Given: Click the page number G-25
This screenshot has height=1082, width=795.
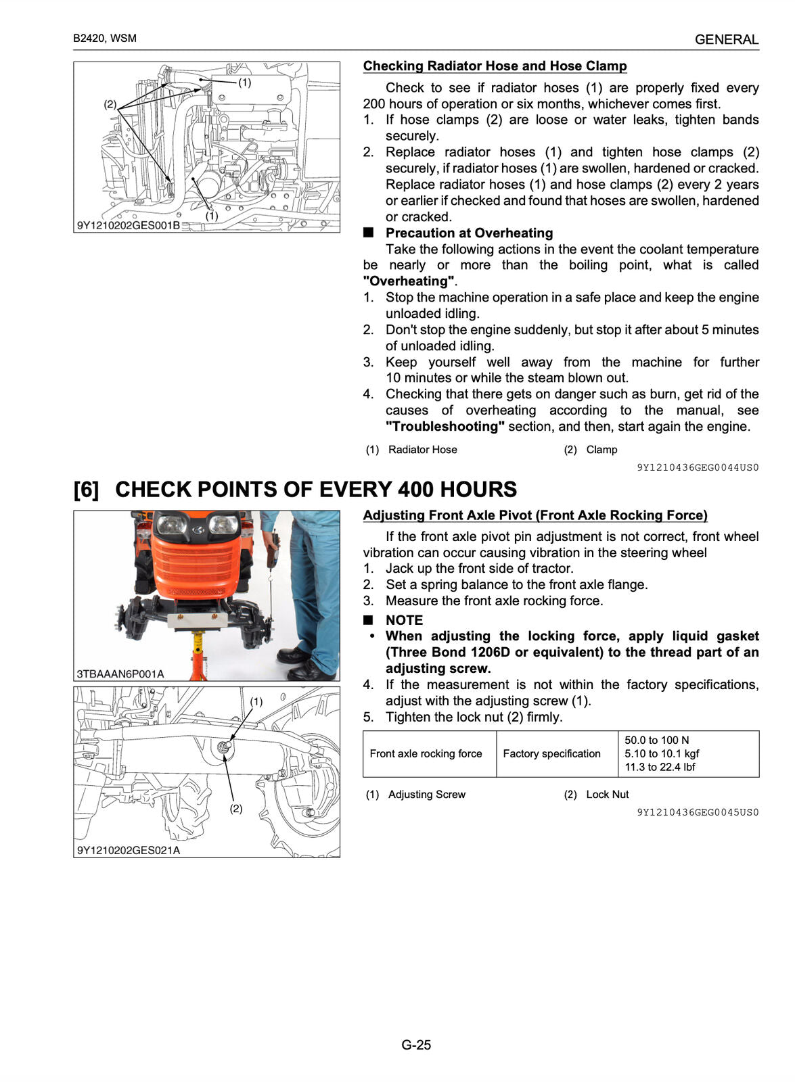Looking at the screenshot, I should [x=415, y=1045].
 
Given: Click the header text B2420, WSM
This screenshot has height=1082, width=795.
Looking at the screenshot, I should [x=105, y=39].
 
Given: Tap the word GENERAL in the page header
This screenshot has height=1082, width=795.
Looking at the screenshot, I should [x=726, y=40].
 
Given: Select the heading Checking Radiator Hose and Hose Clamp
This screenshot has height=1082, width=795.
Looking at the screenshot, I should [x=495, y=66].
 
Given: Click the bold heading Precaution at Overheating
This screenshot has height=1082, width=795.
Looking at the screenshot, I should [x=469, y=233].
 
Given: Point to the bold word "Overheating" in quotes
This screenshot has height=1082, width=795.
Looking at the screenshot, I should [x=409, y=281].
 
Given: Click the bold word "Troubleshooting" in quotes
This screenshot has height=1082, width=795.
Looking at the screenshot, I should [x=445, y=427].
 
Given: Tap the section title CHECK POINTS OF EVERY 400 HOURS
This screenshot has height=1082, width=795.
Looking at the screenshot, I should [x=315, y=490].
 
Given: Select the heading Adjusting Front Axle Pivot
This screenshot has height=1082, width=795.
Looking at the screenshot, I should [x=535, y=515].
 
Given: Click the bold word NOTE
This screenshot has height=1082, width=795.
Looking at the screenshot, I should [x=404, y=620].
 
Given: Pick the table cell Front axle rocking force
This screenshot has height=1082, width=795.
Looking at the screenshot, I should [x=426, y=754].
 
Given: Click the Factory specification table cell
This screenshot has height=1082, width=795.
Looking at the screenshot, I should [x=551, y=754].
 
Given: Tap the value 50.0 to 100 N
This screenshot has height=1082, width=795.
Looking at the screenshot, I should [x=656, y=740].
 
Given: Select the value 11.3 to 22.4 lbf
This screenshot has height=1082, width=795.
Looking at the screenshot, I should [x=660, y=768].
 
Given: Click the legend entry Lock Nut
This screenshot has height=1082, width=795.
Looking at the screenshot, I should [x=607, y=795].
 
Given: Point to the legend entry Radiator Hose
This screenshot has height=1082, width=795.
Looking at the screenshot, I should [x=422, y=450].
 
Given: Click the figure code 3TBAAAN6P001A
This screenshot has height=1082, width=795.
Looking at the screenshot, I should [x=120, y=674].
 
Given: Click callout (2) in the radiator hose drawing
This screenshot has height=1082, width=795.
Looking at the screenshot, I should [x=110, y=104].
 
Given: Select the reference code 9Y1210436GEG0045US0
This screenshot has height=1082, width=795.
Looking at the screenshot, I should [x=698, y=812].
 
